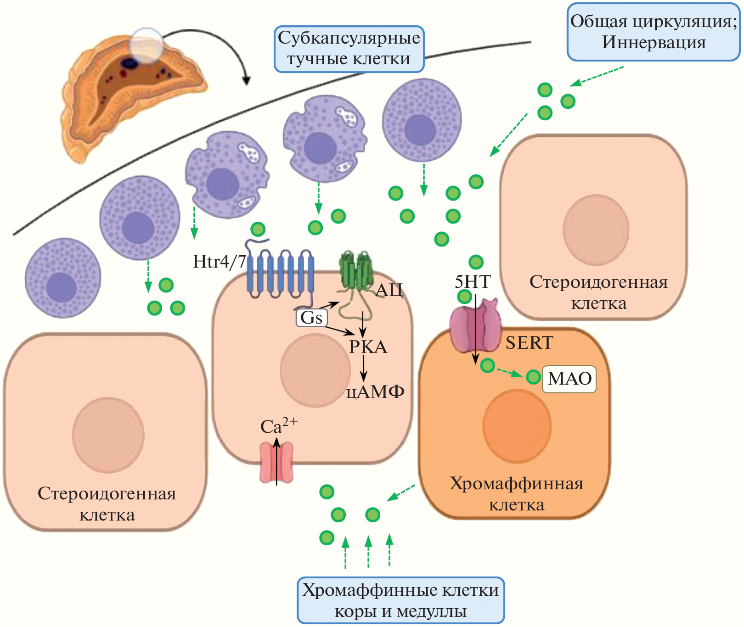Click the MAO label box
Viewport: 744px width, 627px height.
point(569,379)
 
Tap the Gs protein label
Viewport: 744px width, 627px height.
point(311,318)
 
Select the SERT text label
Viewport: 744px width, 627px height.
point(529,343)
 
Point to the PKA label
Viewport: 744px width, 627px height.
point(368,347)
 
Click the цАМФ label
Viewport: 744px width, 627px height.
point(375,392)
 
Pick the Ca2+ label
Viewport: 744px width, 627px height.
point(278,426)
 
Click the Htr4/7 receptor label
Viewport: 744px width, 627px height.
point(219,262)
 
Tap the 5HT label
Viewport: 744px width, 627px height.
point(473,281)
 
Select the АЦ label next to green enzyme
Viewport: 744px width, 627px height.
point(389,290)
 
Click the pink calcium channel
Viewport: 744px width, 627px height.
point(276,463)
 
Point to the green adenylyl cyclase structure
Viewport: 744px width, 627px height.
point(355,271)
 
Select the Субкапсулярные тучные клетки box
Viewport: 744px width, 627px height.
point(349,49)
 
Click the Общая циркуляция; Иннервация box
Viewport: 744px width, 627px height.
point(653,32)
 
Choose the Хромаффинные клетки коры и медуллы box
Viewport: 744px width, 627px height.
point(400,600)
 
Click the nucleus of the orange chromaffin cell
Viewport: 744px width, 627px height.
point(517,426)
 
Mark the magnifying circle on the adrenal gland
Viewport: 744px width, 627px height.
point(146,45)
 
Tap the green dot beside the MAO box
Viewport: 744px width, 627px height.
point(533,377)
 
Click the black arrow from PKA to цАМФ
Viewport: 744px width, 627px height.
point(363,368)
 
